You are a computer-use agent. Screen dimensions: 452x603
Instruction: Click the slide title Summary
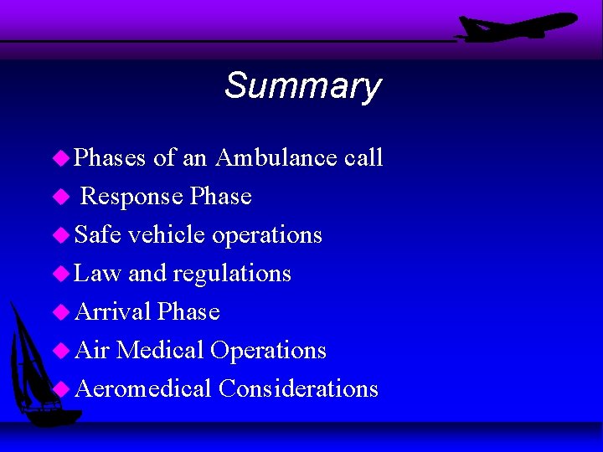pyautogui.click(x=302, y=86)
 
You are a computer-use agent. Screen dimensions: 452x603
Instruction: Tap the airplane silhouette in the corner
pyautogui.click(x=516, y=27)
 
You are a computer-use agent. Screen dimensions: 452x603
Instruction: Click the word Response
pyautogui.click(x=131, y=197)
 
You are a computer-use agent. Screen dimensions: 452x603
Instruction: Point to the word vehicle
pyautogui.click(x=167, y=235)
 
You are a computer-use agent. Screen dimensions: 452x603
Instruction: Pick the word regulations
pyautogui.click(x=232, y=274)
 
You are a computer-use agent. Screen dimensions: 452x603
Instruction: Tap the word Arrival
pyautogui.click(x=113, y=312)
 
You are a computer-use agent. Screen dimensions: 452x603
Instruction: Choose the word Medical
pyautogui.click(x=160, y=351)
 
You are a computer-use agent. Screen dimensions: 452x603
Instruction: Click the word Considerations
pyautogui.click(x=298, y=389)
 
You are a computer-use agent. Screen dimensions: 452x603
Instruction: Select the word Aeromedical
pyautogui.click(x=142, y=389)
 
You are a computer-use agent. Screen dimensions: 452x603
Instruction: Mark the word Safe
pyautogui.click(x=97, y=235)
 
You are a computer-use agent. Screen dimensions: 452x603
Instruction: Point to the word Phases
pyautogui.click(x=111, y=158)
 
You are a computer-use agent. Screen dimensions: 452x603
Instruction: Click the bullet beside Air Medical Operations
pyautogui.click(x=60, y=351)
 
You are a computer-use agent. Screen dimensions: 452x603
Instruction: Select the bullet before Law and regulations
pyautogui.click(x=60, y=274)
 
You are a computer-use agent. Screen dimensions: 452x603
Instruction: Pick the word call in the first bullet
pyautogui.click(x=363, y=157)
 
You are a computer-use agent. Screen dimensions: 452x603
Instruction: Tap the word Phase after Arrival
pyautogui.click(x=188, y=312)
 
